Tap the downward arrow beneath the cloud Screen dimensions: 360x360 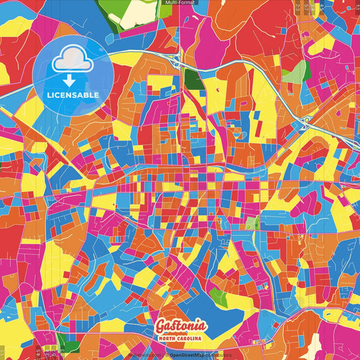[x=72, y=80]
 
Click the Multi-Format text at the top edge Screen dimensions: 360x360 [x=180, y=3]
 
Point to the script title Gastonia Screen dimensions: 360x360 [x=180, y=322]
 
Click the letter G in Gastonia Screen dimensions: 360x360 [x=162, y=322]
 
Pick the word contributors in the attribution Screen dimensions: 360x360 [x=219, y=355]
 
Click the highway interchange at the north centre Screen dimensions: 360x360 [x=178, y=61]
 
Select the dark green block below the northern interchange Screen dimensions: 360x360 [x=195, y=80]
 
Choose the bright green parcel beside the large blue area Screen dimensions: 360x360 [x=218, y=295]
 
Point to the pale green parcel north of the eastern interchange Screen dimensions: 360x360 [x=293, y=73]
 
